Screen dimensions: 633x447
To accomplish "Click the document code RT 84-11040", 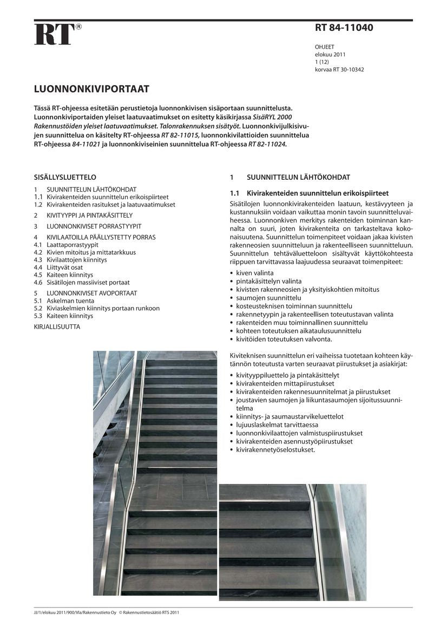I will click(344, 28).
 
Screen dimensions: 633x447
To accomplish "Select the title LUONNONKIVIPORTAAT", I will click(91, 88).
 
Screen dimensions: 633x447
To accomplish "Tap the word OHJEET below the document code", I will click(325, 47).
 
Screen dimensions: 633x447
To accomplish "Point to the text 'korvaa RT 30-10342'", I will click(339, 70).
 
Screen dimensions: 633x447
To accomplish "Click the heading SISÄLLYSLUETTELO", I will click(65, 177).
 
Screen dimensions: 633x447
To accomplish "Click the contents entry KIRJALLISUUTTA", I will click(57, 327).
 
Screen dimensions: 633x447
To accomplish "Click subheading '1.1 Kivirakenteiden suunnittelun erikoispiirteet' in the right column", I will click(309, 193).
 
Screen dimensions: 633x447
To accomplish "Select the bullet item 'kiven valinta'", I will click(254, 273).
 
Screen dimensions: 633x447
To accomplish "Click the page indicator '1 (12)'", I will click(323, 62).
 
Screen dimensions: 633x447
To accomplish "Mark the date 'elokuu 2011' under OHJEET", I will click(330, 55).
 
